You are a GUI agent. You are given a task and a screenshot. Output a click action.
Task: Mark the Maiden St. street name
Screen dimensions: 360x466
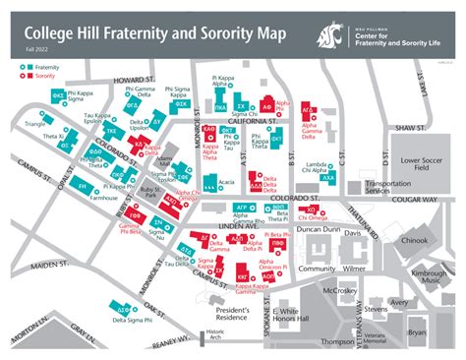tap(49, 265)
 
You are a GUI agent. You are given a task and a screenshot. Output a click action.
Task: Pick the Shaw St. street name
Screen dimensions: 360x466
tap(406, 128)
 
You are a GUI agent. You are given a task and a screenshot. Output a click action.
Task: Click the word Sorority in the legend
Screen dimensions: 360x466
tap(38, 74)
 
